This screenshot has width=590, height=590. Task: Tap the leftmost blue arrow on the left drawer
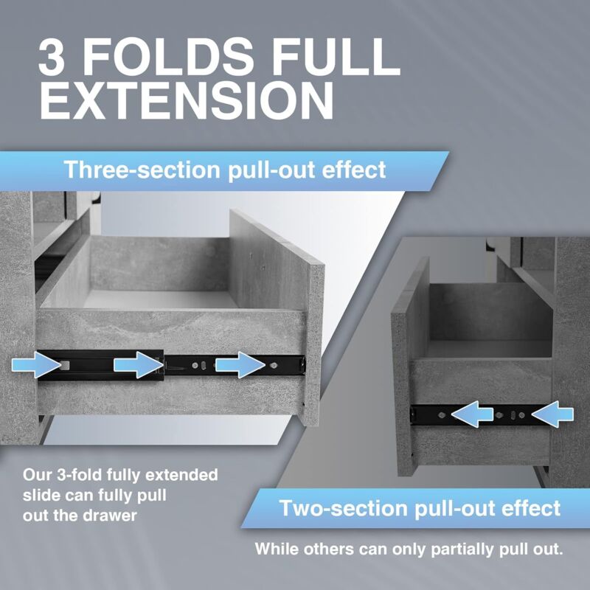pos(36,364)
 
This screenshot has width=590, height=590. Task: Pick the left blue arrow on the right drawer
pos(473,416)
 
